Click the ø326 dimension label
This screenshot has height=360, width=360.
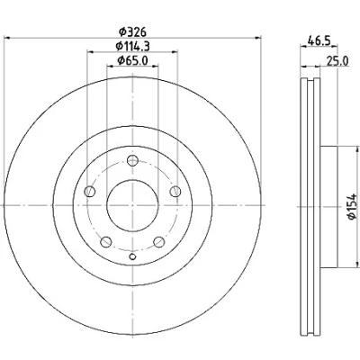pyautogui.click(x=132, y=31)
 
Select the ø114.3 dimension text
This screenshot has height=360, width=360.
pyautogui.click(x=132, y=46)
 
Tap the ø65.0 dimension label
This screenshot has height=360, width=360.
pyautogui.click(x=132, y=60)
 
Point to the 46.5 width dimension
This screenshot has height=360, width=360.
pyautogui.click(x=319, y=40)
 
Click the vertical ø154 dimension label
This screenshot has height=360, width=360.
pyautogui.click(x=352, y=206)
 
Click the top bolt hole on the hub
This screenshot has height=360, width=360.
pyautogui.click(x=132, y=160)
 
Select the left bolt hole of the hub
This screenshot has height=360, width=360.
pyautogui.click(x=90, y=191)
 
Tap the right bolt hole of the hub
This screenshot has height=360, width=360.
pyautogui.click(x=175, y=191)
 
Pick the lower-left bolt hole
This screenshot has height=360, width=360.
pyautogui.click(x=106, y=242)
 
